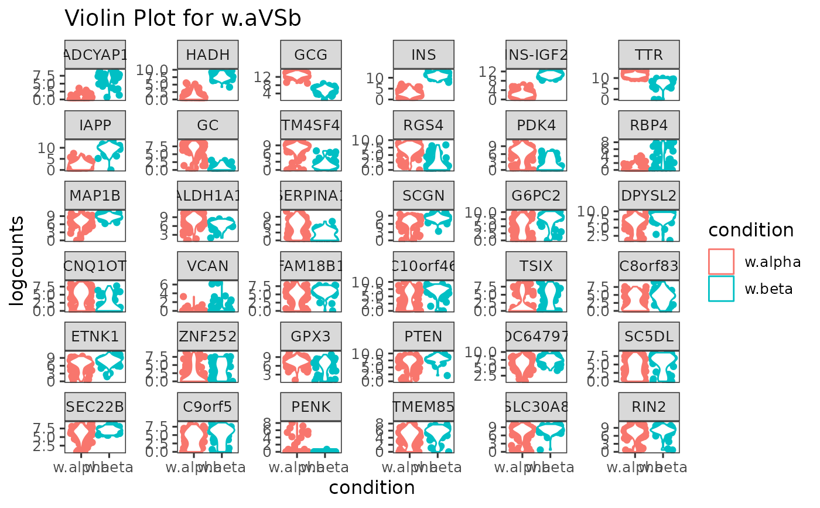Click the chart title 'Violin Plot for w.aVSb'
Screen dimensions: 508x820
tap(183, 18)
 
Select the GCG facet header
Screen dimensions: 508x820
tap(311, 55)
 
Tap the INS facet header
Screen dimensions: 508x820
tap(423, 55)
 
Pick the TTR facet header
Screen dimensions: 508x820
tap(649, 55)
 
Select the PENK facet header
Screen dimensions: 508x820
tap(311, 407)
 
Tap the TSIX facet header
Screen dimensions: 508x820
tap(537, 266)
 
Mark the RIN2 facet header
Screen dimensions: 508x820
tap(649, 407)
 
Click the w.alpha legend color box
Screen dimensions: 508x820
tap(721, 262)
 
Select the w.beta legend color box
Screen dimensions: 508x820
tap(721, 289)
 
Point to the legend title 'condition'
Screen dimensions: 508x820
tap(751, 230)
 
